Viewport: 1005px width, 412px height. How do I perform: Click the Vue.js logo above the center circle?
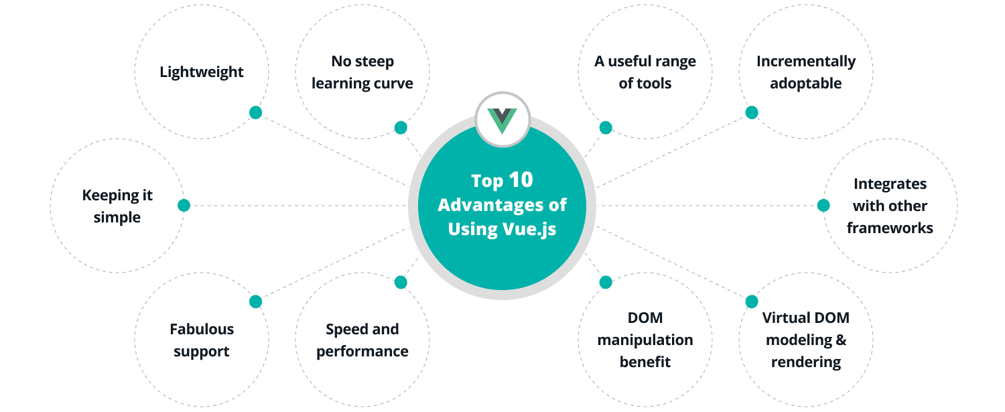(x=503, y=120)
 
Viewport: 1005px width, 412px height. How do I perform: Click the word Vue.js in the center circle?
(x=529, y=228)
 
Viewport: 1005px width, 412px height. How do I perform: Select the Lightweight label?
(x=202, y=72)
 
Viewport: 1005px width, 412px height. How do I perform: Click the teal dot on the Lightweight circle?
(x=255, y=113)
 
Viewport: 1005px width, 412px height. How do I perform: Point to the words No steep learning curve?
(x=362, y=72)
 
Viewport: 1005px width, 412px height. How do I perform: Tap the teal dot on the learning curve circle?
(x=401, y=127)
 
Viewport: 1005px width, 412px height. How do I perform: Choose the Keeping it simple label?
(x=117, y=206)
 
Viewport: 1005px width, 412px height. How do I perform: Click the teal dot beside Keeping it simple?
(x=184, y=205)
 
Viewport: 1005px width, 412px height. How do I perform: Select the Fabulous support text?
(x=202, y=340)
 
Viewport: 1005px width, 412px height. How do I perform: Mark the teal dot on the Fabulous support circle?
(x=255, y=301)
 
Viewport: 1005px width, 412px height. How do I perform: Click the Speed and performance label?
(x=362, y=340)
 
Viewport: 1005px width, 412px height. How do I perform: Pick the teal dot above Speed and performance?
(x=401, y=282)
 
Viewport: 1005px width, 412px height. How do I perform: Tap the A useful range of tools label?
(x=645, y=72)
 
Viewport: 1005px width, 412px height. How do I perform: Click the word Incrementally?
(x=806, y=62)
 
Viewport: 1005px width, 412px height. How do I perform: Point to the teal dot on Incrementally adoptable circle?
(x=752, y=113)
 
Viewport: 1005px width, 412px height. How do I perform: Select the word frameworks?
(x=890, y=228)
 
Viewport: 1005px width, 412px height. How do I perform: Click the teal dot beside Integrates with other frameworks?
(x=823, y=205)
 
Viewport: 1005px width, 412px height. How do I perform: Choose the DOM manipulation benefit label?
(x=645, y=340)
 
